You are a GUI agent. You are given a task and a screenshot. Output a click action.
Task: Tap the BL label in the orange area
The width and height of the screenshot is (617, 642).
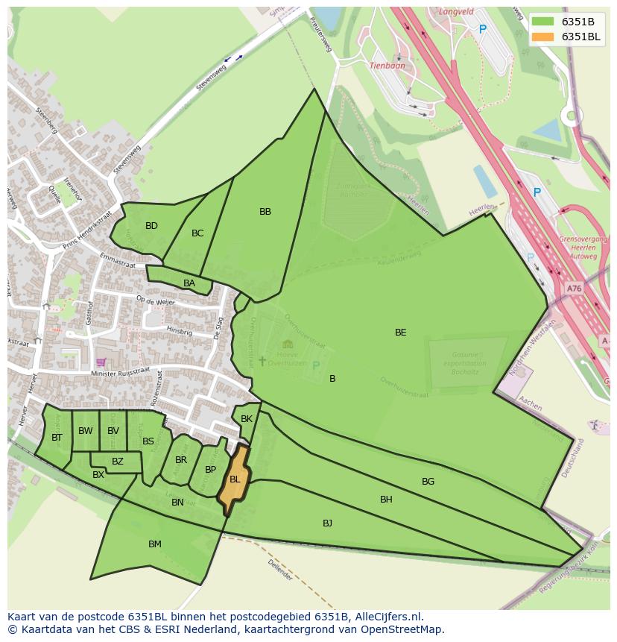pos(235,479)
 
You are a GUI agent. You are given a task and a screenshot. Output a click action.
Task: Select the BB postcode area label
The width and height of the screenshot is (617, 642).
pos(265,212)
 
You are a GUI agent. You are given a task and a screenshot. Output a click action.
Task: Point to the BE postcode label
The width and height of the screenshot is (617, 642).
pos(401,333)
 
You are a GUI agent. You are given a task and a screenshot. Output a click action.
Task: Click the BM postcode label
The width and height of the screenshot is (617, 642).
pos(155,544)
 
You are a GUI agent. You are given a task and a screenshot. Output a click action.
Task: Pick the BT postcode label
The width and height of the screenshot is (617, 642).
pos(57,438)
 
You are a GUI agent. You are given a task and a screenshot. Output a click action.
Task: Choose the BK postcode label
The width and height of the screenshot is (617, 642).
pos(247,419)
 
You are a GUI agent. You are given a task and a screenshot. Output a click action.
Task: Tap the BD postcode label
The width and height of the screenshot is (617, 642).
pos(151,226)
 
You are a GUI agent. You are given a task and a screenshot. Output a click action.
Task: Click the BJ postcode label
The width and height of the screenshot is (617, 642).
pos(327,523)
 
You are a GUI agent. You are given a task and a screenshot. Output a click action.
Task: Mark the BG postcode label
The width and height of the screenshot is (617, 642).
pos(428,482)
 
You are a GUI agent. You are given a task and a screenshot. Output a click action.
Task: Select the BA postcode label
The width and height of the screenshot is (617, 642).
pos(189,283)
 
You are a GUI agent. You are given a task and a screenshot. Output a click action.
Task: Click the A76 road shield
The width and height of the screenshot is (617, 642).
pos(573,289)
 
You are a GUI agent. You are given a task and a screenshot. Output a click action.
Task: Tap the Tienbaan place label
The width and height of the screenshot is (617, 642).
pos(387,66)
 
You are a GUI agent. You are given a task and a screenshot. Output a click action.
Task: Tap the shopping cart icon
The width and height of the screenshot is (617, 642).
pos(101,362)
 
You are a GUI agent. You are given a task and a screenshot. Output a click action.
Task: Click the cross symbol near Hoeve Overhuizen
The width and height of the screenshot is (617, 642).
pos(262,361)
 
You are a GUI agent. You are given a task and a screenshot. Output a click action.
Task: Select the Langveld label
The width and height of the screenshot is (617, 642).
pos(456,12)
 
